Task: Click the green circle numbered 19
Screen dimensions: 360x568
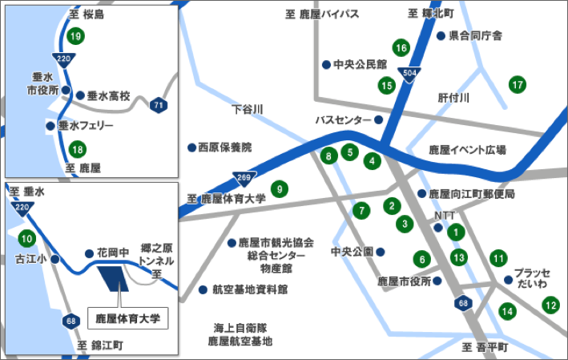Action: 76,36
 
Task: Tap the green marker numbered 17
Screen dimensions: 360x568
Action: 518,84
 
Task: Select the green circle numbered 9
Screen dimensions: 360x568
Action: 279,189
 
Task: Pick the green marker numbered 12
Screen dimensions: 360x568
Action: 550,305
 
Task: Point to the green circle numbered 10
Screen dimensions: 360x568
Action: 27,238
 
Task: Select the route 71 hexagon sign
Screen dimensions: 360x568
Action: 159,104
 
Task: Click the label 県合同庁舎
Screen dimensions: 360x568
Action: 475,36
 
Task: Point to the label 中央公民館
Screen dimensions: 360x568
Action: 360,64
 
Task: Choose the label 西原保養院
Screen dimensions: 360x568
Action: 224,148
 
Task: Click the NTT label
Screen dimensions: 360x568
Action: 443,216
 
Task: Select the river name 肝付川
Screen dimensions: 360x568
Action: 453,97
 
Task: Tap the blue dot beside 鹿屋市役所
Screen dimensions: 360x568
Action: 437,281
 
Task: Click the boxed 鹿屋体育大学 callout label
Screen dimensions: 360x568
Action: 123,318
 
